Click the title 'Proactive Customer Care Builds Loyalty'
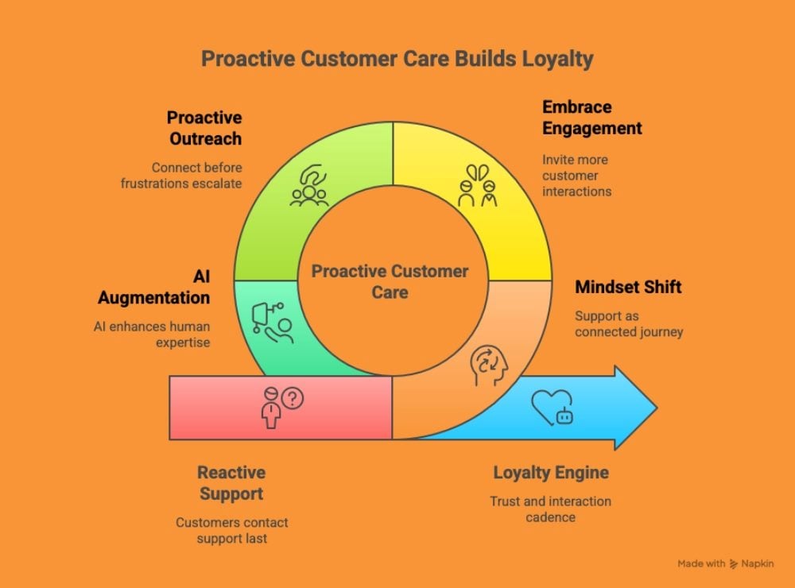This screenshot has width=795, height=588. [397, 60]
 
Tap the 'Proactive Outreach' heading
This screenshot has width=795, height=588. [204, 128]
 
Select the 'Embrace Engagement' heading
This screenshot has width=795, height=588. [592, 117]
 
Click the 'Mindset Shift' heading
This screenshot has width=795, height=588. [628, 287]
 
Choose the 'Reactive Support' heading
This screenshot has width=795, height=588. [231, 483]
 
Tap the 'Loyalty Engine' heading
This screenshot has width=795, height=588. [550, 473]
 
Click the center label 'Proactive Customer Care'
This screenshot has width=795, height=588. [390, 282]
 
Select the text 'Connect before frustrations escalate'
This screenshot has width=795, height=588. [181, 176]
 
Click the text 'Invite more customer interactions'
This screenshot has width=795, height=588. [576, 176]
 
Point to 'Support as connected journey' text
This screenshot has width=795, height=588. [628, 323]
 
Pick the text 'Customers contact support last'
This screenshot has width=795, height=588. [231, 530]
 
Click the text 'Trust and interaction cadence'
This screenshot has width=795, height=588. [550, 509]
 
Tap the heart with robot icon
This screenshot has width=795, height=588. [553, 408]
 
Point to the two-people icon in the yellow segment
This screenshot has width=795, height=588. [477, 185]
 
